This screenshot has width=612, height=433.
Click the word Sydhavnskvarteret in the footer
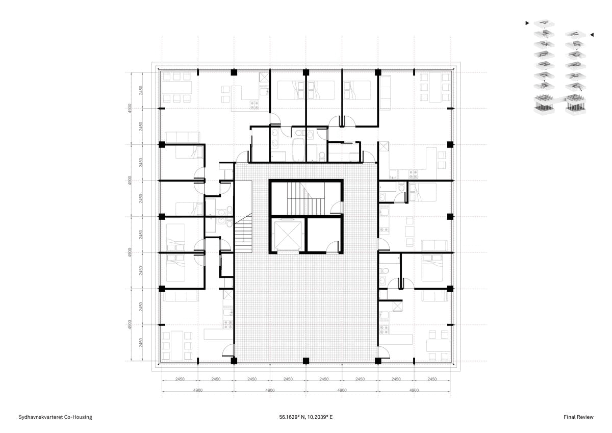click(41, 417)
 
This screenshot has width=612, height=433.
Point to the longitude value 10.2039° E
click(320, 417)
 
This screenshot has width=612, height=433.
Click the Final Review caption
click(578, 417)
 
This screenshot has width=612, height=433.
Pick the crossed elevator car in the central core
click(288, 236)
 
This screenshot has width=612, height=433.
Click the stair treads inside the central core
click(305, 198)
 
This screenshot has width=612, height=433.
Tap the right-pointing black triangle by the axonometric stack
click(527, 23)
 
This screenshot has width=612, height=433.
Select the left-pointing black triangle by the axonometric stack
click(592, 35)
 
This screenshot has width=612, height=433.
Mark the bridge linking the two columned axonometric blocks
click(560, 100)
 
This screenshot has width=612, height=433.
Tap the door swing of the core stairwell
click(336, 208)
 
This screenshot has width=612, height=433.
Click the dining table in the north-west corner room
click(177, 87)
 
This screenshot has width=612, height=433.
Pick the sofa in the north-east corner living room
click(385, 93)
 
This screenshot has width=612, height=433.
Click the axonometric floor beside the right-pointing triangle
click(544, 24)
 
